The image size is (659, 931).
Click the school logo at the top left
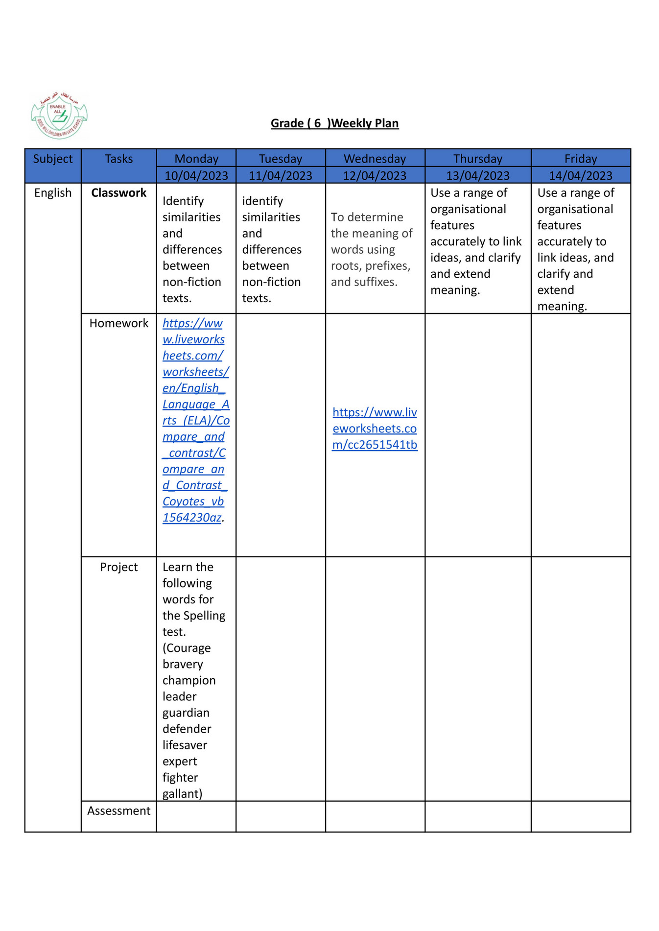59,116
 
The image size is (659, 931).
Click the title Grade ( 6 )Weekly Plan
334,123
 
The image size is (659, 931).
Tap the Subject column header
53,159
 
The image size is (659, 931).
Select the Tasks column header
118,159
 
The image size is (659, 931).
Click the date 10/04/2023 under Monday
196,175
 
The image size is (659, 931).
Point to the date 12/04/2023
375,175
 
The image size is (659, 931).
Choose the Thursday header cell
477,159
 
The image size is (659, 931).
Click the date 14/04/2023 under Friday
580,175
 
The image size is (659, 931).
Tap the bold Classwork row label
118,192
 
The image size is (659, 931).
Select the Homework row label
118,323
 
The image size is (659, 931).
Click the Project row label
118,567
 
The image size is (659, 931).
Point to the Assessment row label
118,811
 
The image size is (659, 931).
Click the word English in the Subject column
53,192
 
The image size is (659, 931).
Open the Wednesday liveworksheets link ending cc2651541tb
375,429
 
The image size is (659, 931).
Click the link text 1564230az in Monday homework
192,518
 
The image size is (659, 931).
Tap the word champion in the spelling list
189,680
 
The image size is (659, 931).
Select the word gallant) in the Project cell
182,793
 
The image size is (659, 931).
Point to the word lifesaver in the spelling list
185,745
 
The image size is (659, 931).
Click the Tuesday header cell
280,159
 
